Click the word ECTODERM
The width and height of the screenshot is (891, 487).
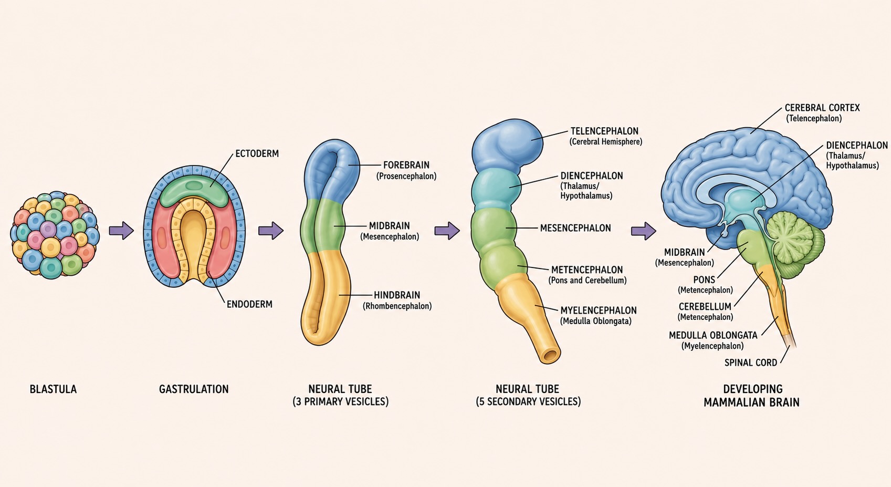point(257,153)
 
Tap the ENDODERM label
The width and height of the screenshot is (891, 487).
point(249,304)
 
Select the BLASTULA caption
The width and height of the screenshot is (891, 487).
point(54,389)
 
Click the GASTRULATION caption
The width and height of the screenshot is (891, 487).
point(194,389)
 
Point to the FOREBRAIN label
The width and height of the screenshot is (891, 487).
point(406,165)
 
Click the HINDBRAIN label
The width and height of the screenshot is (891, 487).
point(397,295)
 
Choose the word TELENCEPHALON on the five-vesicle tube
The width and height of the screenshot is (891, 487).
point(604,131)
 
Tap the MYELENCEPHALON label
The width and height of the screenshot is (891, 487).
point(598,310)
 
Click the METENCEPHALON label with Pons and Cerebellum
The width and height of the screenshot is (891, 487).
point(586,270)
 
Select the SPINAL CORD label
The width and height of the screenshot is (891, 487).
point(751,363)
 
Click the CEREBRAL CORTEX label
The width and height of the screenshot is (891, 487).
point(822,108)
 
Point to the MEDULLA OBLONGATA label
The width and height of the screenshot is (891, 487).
point(713,335)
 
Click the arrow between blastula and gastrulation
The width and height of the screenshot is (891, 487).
point(121,231)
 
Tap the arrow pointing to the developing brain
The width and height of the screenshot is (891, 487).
point(644,231)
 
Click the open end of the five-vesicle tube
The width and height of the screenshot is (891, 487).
point(551,355)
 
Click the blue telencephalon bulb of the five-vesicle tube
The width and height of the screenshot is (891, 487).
point(507,147)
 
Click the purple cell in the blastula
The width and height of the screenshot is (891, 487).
point(48,229)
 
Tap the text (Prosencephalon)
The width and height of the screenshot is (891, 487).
point(406,177)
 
